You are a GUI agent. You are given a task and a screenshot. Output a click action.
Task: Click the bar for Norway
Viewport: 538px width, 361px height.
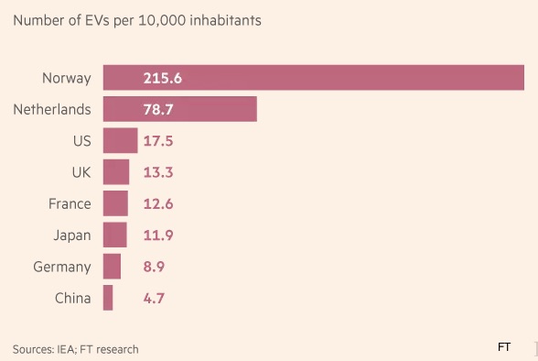point(314,78)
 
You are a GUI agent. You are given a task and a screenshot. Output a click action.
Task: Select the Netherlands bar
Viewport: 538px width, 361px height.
point(180,109)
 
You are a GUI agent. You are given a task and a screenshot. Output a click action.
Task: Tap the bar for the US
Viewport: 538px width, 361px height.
point(121,140)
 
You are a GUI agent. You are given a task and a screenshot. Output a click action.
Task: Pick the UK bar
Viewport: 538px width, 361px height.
point(116,171)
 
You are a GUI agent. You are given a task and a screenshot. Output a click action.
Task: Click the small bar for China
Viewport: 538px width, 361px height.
point(108,298)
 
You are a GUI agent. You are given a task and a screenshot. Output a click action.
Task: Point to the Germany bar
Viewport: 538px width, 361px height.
point(112,267)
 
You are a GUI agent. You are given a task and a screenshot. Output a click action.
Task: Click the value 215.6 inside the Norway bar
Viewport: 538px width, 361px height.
point(163,78)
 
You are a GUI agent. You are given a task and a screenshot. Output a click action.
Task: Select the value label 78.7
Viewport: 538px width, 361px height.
point(158,110)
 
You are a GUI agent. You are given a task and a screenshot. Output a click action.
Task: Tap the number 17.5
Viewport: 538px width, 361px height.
point(158,141)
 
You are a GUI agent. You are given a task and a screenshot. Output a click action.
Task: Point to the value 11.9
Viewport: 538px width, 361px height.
point(158,235)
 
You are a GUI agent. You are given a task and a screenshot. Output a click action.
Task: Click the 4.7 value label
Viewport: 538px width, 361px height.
point(154,298)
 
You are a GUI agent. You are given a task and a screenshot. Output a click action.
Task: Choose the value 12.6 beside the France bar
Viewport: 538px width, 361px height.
point(158,204)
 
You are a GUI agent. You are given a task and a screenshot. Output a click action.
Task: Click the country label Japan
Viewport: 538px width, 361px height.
point(72,236)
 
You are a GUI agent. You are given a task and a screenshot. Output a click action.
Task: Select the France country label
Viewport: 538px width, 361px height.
point(70,203)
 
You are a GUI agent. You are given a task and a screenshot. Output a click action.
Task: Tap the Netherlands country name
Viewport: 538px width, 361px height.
point(52,110)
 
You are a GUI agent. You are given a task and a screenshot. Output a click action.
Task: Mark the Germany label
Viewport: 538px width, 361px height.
point(62,268)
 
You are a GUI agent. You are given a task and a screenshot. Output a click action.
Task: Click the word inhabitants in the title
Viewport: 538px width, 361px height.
point(225,20)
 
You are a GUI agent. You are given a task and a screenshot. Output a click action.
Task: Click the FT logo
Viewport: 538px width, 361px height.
point(503,347)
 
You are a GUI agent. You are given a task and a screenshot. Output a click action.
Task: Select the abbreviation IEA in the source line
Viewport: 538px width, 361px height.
point(66,349)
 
